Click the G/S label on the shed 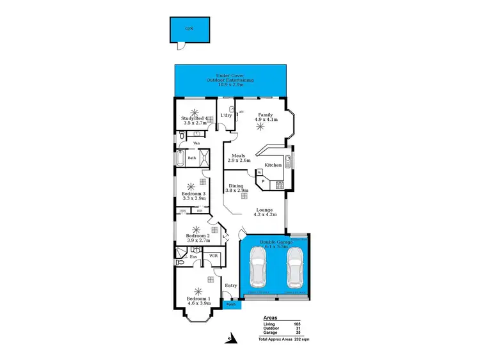tap(189, 29)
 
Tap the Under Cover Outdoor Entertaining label tap(230, 80)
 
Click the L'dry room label tap(225, 115)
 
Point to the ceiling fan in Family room tap(259, 127)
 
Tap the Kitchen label tap(273, 164)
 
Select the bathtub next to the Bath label tap(180, 157)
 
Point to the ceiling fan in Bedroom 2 tap(195, 229)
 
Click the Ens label tap(193, 256)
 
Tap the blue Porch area tap(230, 304)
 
